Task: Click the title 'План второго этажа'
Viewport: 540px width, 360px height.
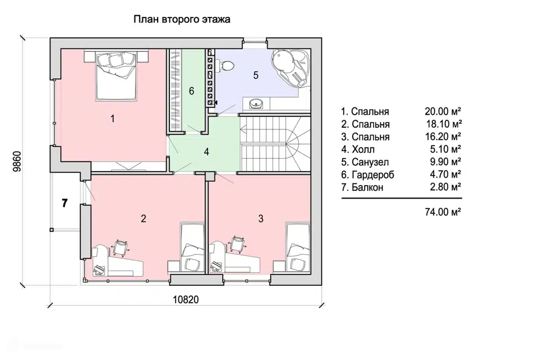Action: (x=182, y=19)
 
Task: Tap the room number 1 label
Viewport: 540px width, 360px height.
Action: (x=112, y=119)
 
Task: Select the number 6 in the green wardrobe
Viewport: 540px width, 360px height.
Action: (x=191, y=91)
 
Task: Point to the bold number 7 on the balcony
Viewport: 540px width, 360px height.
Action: (x=65, y=203)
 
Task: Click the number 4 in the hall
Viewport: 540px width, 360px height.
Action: (x=206, y=151)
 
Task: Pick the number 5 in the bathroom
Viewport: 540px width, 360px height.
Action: (x=255, y=75)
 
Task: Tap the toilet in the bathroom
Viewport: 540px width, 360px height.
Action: (x=225, y=65)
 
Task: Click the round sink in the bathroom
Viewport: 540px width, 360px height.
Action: (x=255, y=103)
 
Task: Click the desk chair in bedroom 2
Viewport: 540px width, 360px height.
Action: (x=121, y=247)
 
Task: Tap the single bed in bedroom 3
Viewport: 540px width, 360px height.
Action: (x=298, y=247)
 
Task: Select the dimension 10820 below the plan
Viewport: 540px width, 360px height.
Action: (x=186, y=300)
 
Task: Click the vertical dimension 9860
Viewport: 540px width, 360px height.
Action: (x=17, y=161)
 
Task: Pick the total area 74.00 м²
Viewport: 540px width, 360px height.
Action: (x=443, y=211)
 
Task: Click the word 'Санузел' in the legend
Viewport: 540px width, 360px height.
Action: (x=370, y=162)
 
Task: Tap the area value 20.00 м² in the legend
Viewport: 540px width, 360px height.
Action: (x=443, y=111)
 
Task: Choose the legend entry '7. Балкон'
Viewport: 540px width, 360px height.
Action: (x=362, y=187)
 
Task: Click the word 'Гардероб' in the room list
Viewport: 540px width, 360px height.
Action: (x=373, y=175)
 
